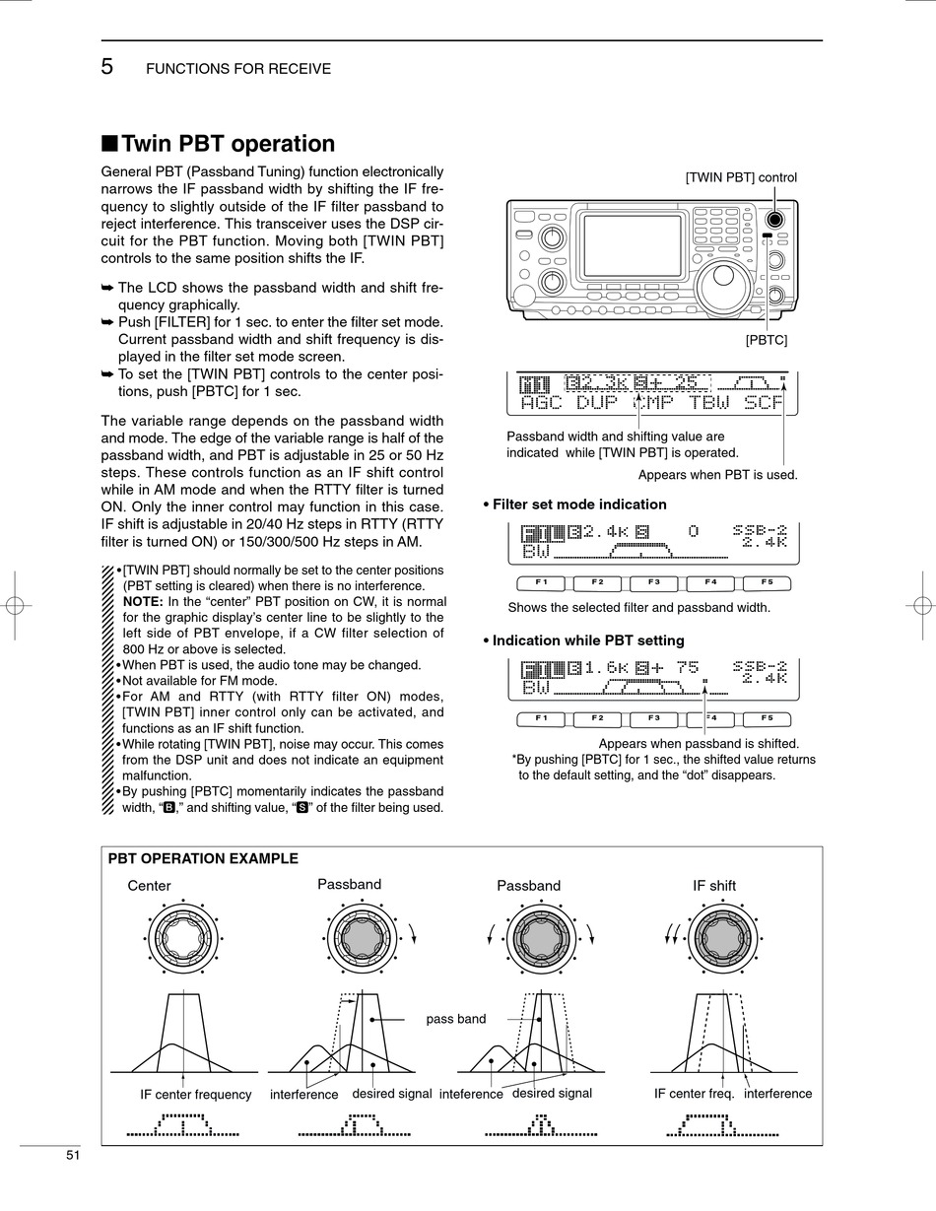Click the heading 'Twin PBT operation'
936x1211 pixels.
(x=228, y=144)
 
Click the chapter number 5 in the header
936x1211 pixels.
(x=107, y=67)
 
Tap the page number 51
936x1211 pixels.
(x=73, y=1155)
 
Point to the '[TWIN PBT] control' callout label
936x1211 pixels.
(x=741, y=177)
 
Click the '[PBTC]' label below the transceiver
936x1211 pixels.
(x=766, y=340)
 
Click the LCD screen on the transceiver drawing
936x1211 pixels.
(x=632, y=245)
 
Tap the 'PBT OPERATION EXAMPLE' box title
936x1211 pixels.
(x=203, y=858)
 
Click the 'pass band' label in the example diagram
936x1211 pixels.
(x=456, y=1019)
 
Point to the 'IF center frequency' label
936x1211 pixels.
(x=195, y=1094)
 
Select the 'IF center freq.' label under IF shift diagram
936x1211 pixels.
(x=694, y=1094)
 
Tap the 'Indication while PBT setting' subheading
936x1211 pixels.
(x=588, y=640)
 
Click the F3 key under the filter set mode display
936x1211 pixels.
(x=654, y=582)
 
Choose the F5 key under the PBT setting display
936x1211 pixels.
(x=767, y=718)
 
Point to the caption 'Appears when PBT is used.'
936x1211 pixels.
(x=717, y=475)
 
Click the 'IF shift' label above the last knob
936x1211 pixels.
(x=714, y=886)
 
